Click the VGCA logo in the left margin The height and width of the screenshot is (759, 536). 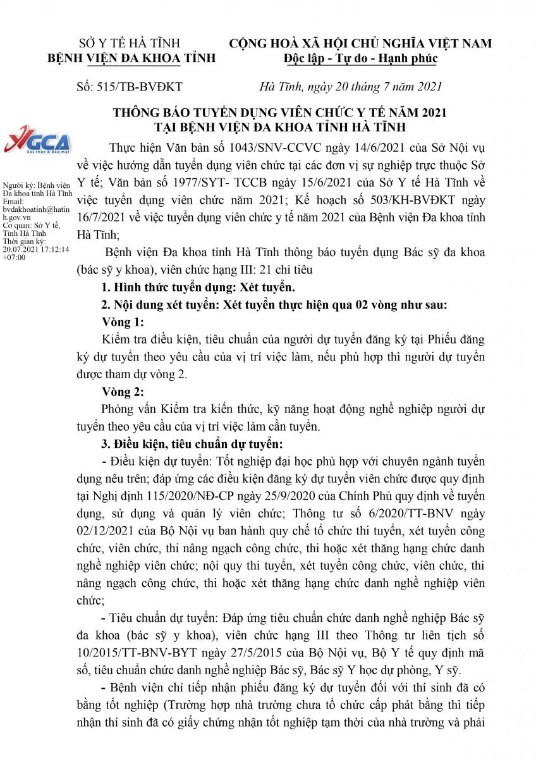click(x=36, y=142)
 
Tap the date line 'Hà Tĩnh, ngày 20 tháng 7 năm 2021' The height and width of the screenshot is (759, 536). click(x=351, y=87)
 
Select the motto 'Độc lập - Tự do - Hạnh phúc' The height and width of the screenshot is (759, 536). click(x=360, y=59)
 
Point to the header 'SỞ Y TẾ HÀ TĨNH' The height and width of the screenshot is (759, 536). click(x=129, y=44)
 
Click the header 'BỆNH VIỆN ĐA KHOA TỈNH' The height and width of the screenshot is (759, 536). click(x=132, y=59)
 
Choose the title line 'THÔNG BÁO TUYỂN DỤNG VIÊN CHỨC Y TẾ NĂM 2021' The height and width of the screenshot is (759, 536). click(x=279, y=113)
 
